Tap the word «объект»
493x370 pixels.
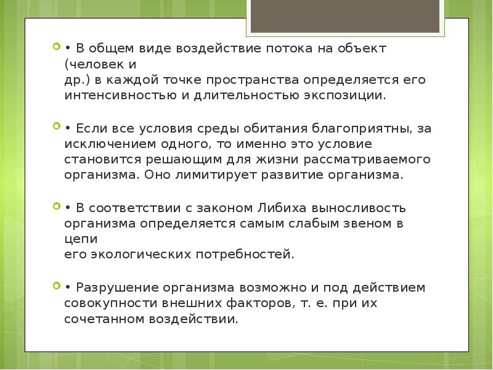pos(362,49)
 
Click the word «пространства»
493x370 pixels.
pos(259,80)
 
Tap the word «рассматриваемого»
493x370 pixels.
pos(373,159)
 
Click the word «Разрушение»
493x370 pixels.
pos(115,287)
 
